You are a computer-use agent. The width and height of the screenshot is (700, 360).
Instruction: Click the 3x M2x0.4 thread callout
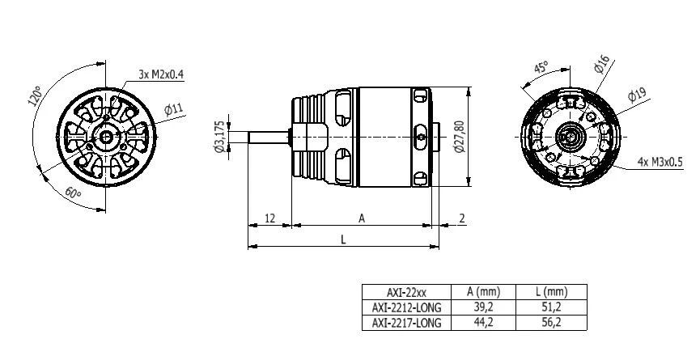[x=160, y=74]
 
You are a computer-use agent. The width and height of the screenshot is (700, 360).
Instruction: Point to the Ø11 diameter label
[x=173, y=108]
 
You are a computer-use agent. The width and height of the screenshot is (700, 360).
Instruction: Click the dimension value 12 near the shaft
[x=269, y=218]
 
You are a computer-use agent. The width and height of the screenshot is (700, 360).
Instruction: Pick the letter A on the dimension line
[x=362, y=218]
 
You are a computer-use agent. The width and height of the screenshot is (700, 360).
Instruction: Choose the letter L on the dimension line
[x=343, y=239]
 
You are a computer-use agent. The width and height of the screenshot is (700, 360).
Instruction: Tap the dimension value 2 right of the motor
[x=461, y=218]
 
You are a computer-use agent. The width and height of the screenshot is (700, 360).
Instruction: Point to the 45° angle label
[x=539, y=67]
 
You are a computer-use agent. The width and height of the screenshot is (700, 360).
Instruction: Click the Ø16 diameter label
[x=601, y=65]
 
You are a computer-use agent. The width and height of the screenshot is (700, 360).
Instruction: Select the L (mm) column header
[x=555, y=292]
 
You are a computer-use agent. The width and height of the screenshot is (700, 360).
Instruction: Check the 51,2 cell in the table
[x=555, y=307]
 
